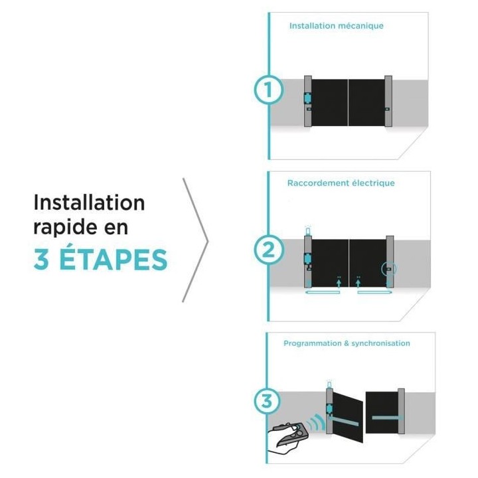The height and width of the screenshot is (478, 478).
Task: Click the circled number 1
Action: tap(268, 92)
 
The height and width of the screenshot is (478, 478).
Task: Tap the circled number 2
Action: tap(268, 251)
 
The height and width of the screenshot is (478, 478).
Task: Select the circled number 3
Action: tap(268, 402)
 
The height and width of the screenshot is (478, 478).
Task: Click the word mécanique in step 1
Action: tap(362, 26)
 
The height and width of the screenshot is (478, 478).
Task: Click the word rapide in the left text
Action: tap(66, 227)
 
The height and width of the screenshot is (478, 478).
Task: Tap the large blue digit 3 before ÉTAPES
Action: tap(42, 260)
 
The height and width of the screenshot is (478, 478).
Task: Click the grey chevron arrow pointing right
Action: tap(196, 240)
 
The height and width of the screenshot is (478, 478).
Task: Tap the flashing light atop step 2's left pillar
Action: tap(307, 231)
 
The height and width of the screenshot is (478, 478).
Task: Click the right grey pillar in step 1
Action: tap(388, 101)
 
